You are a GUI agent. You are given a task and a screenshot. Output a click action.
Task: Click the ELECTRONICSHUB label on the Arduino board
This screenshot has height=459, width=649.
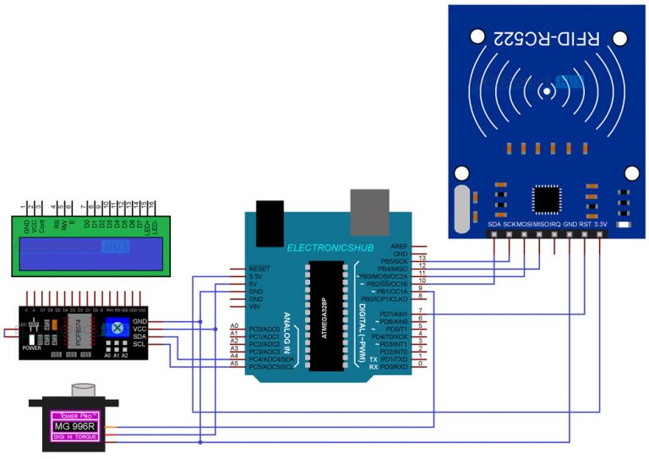[326, 248]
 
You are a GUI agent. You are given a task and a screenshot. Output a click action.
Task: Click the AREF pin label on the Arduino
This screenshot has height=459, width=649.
[401, 246]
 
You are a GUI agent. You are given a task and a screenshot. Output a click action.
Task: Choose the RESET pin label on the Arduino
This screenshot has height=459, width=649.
[259, 267]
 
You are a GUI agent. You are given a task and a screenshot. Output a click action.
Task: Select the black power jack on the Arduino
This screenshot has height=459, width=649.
[269, 218]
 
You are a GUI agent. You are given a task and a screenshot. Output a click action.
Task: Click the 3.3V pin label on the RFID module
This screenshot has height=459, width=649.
[601, 224]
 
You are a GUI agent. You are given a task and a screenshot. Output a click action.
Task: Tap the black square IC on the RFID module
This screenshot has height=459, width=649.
[546, 200]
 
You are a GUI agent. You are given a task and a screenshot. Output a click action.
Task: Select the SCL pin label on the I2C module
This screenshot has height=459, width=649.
[141, 344]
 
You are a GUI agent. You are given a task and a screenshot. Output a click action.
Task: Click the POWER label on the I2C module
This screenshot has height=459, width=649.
[32, 347]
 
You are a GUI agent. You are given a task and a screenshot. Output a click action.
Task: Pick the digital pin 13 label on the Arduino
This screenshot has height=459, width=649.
[422, 256]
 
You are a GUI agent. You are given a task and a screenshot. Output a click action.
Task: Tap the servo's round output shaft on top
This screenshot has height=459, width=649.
[85, 390]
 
